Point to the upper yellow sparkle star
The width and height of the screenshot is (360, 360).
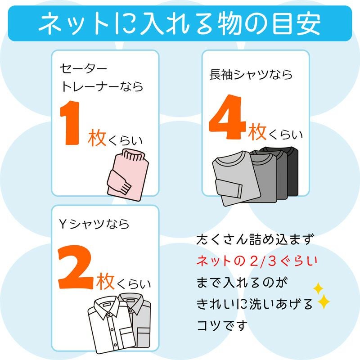point(318,288)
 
